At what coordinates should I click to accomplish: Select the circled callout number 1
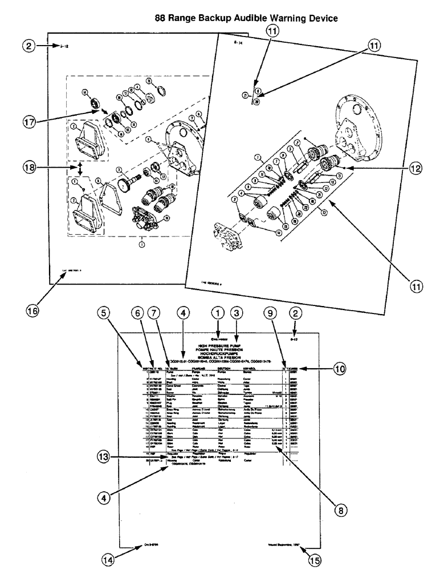217,313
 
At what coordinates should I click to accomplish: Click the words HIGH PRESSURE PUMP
219,345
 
